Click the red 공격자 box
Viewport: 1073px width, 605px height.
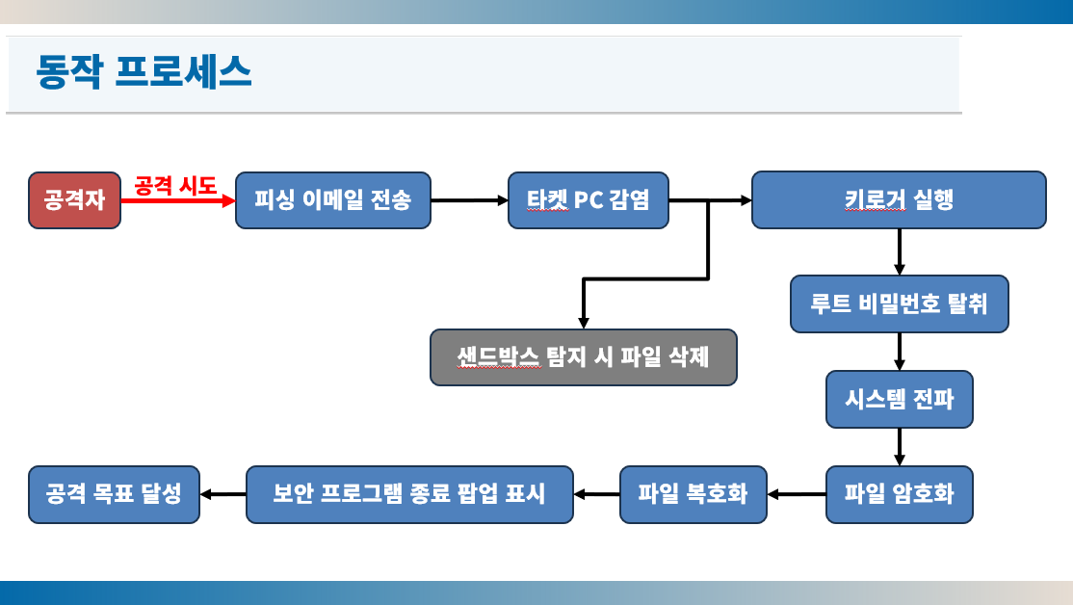coord(74,200)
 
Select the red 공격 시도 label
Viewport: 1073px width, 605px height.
coord(175,186)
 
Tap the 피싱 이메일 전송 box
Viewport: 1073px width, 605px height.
coord(333,200)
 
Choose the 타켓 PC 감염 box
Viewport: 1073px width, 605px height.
coord(589,200)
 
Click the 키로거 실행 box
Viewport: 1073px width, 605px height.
coord(900,199)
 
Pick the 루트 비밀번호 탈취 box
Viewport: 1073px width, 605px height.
coord(900,303)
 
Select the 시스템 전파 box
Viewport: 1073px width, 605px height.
coord(900,399)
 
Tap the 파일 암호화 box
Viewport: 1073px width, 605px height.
coord(900,494)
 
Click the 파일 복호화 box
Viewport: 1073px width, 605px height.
coord(694,494)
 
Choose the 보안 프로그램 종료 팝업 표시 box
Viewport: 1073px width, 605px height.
coord(409,494)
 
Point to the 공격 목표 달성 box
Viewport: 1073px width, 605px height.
coord(114,494)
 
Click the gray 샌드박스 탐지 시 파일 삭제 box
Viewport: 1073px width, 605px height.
coord(584,357)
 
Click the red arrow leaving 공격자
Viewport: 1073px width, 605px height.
coord(178,200)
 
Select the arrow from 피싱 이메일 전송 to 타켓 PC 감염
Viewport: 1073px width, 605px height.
coord(469,200)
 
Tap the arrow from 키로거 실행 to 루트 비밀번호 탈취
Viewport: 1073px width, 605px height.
coord(900,251)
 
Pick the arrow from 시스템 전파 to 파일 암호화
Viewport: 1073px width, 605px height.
coord(900,447)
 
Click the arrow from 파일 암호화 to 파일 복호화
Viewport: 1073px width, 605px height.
coord(797,494)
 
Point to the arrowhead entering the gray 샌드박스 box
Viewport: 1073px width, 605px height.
coord(584,323)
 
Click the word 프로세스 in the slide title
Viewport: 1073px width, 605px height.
coord(183,71)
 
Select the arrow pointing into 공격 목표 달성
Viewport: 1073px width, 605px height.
coord(223,494)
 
